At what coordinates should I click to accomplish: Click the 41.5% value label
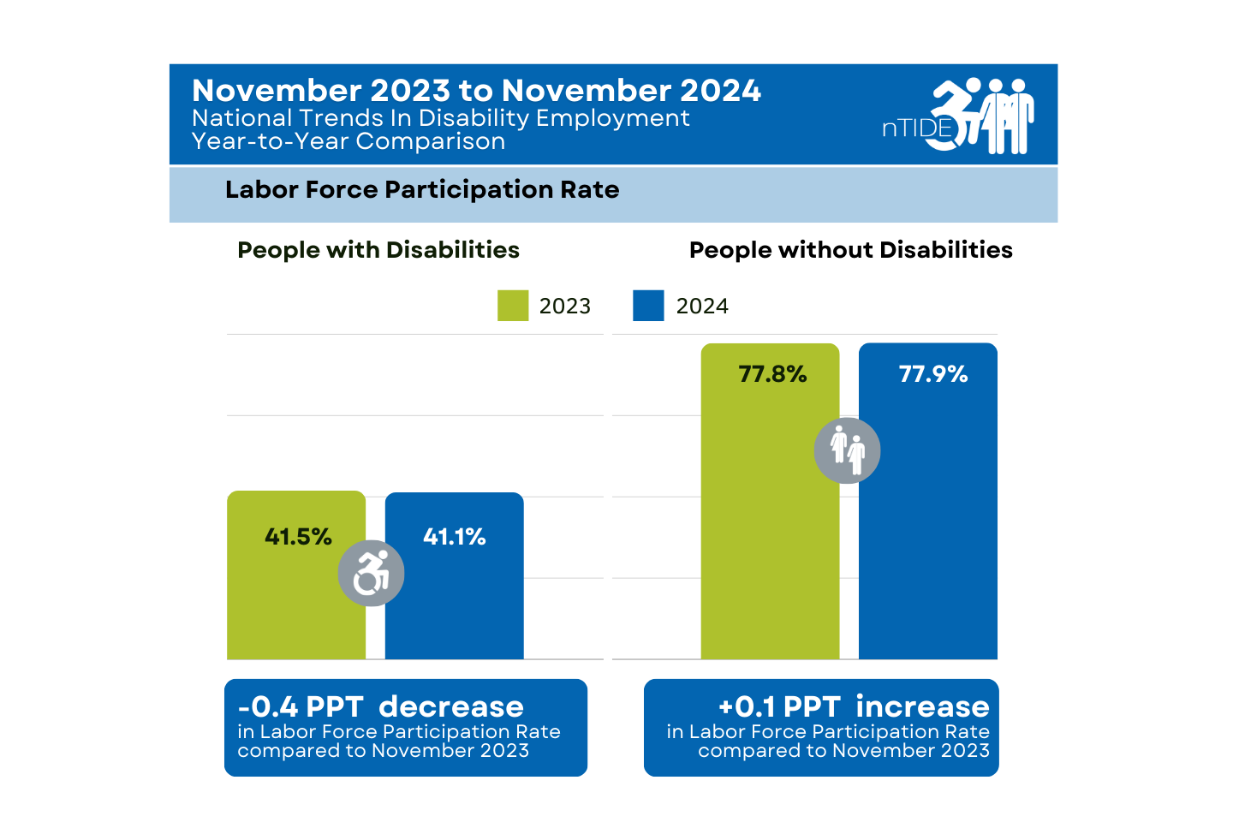[x=297, y=537]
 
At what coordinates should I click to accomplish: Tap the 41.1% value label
[x=454, y=537]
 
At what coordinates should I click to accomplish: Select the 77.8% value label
[x=772, y=374]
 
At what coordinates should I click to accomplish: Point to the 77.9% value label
[x=932, y=374]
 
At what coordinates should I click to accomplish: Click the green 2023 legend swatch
[x=513, y=306]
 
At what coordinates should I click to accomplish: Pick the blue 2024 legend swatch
[x=648, y=306]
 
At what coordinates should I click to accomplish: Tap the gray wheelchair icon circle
[x=371, y=573]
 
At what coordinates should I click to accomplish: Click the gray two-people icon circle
[x=847, y=450]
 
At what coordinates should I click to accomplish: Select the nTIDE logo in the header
[x=958, y=116]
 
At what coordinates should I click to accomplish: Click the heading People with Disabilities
[x=378, y=250]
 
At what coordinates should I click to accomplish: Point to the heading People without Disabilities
[x=850, y=250]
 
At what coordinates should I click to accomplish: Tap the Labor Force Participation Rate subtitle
[x=421, y=190]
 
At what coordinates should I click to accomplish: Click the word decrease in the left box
[x=451, y=707]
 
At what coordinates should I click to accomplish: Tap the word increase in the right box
[x=922, y=707]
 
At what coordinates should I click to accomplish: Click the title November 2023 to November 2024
[x=476, y=91]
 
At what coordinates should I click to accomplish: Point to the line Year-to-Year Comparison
[x=348, y=141]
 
